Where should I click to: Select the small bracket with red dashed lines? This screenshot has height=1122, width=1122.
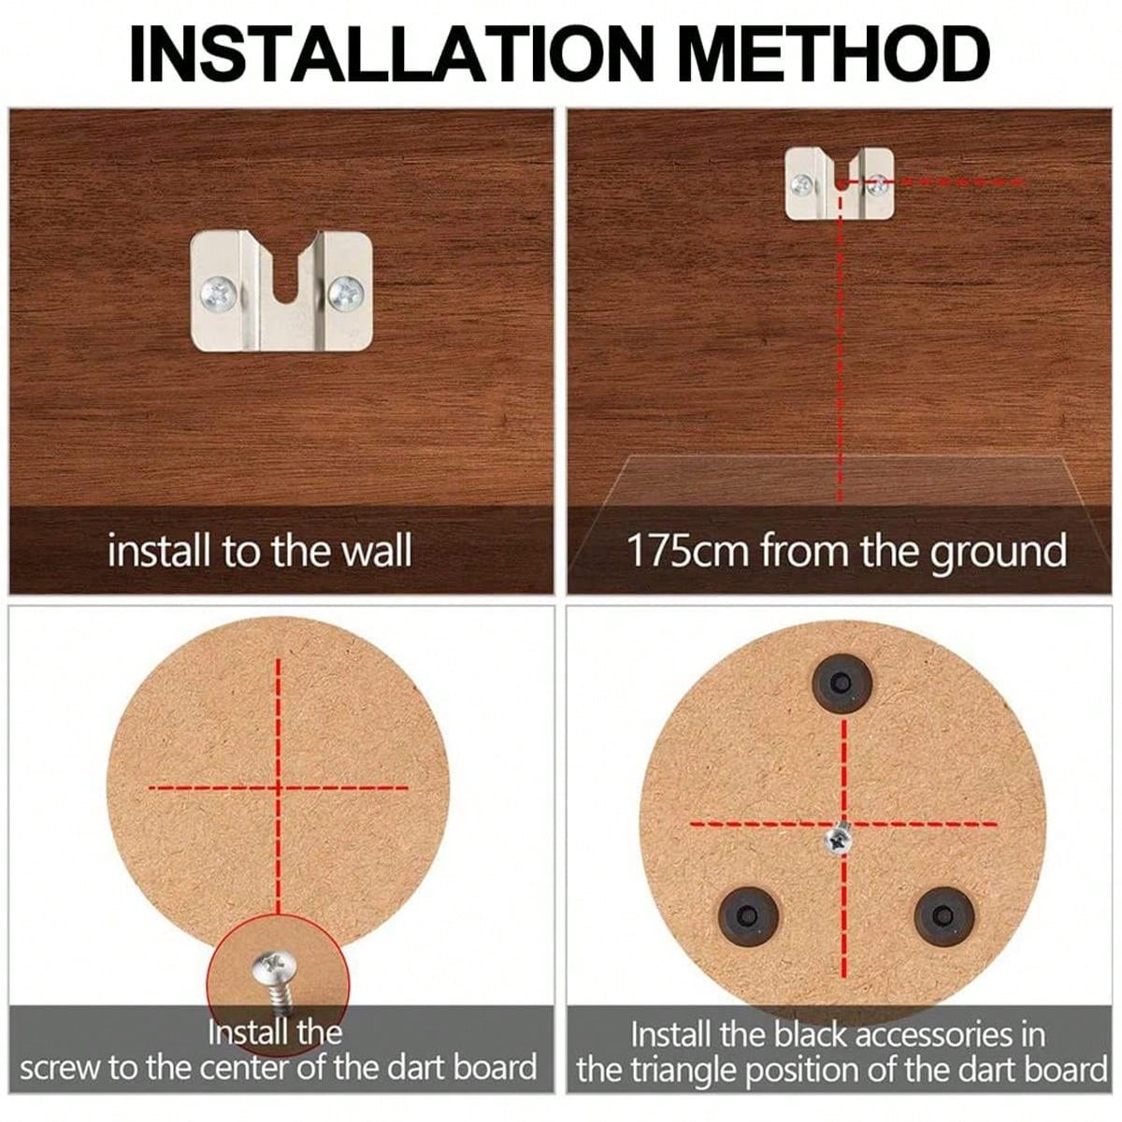[x=839, y=183]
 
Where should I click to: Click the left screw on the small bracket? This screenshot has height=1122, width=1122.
[x=802, y=185]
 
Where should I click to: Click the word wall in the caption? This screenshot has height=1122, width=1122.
[x=372, y=551]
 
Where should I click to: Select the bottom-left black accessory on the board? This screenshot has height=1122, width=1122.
[x=749, y=912]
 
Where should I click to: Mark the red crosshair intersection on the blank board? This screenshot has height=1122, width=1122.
[x=279, y=787]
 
